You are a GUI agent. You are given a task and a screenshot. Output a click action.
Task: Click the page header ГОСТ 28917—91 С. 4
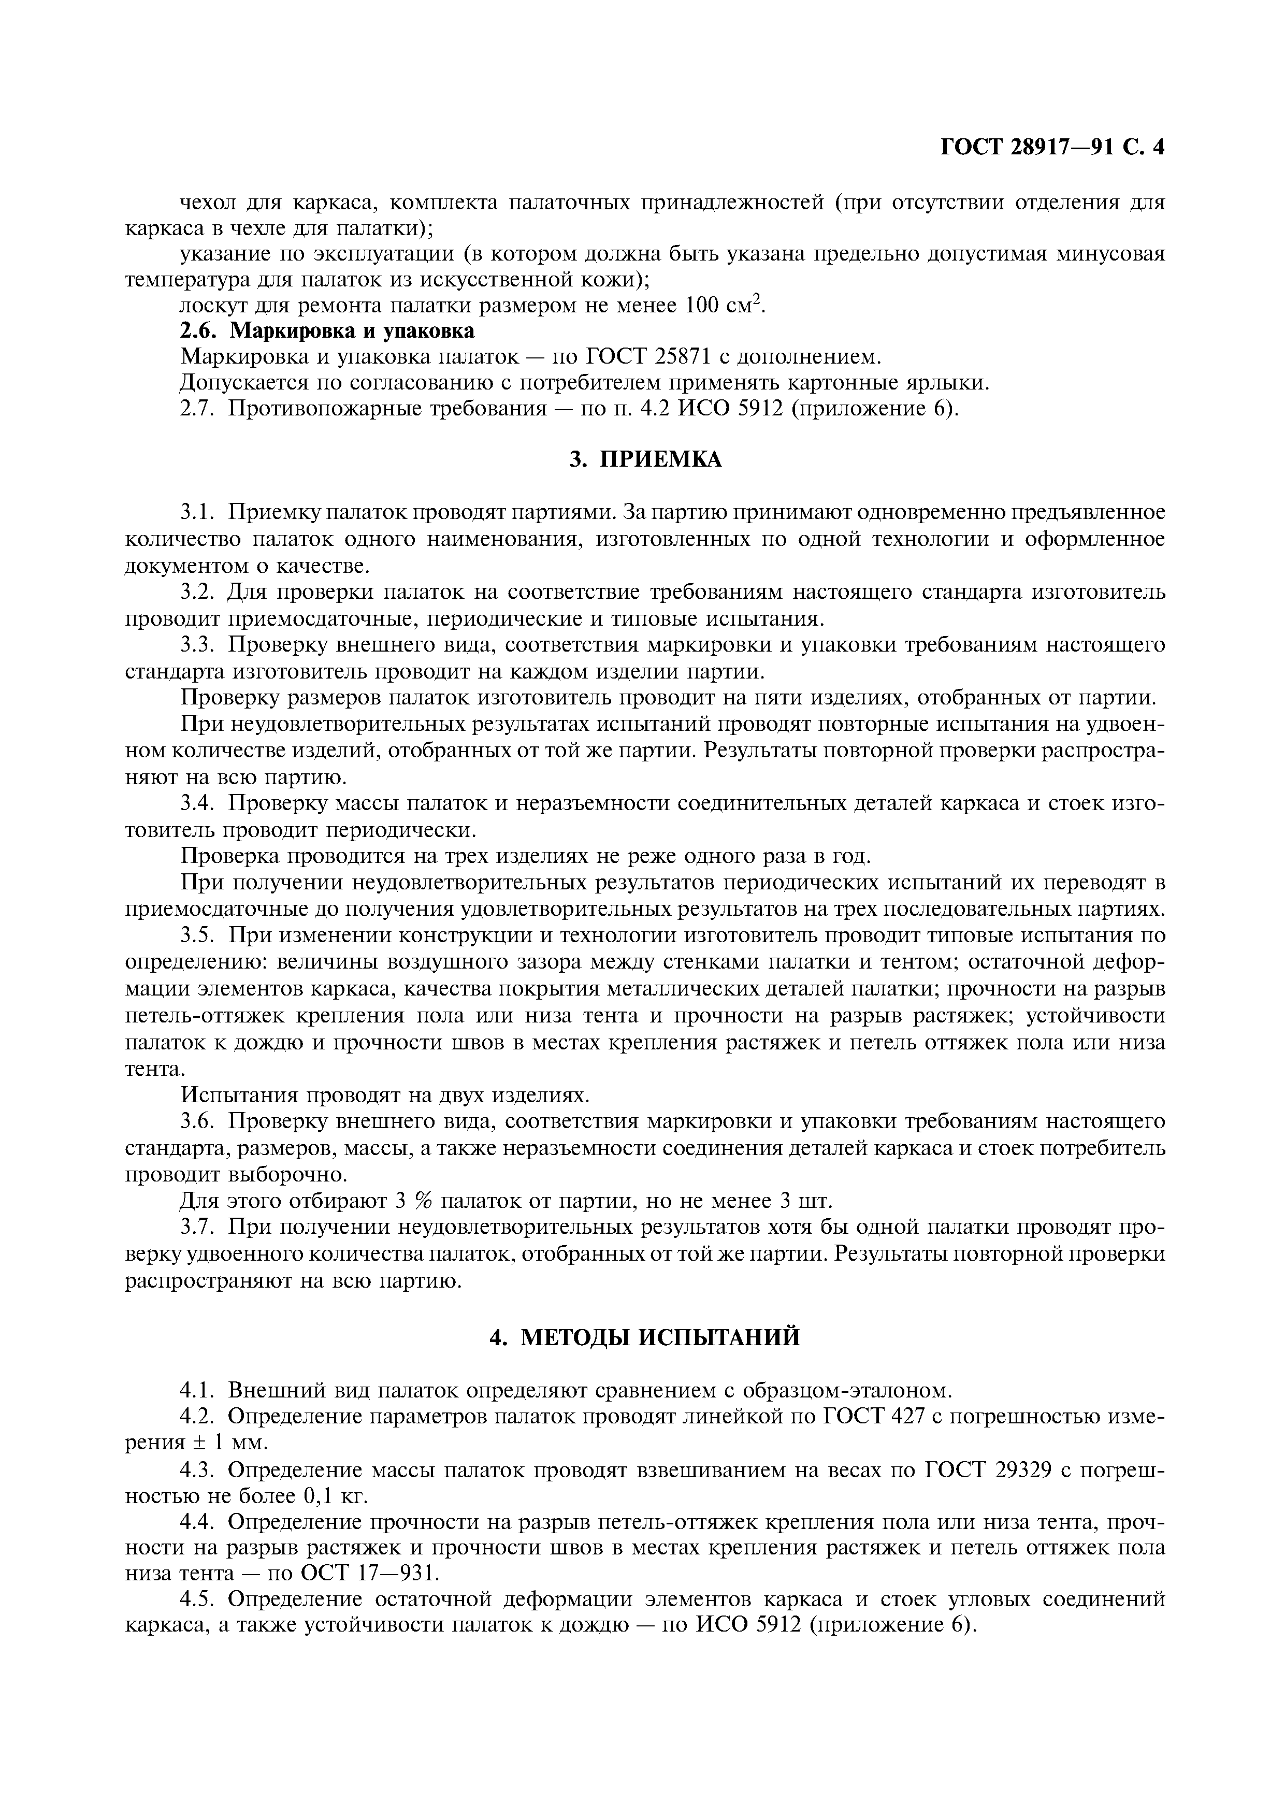pos(1052,148)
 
